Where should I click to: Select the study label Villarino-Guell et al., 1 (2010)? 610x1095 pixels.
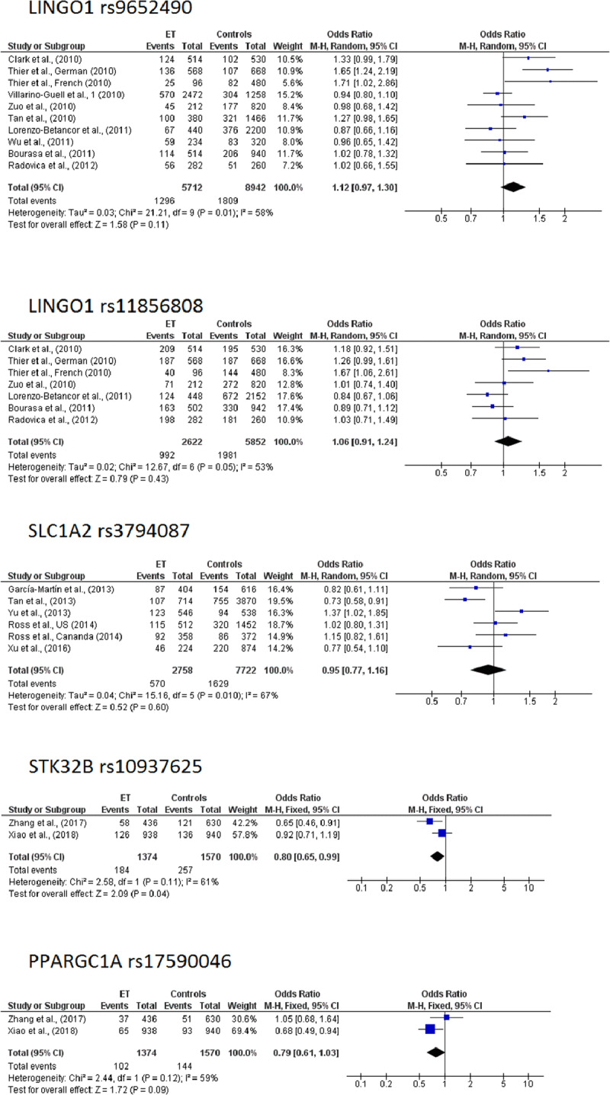[58, 93]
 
